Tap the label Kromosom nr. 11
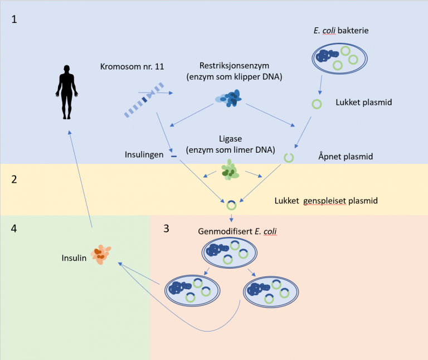pyautogui.click(x=132, y=67)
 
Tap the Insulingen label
pyautogui.click(x=143, y=155)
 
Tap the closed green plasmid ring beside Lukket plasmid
pyautogui.click(x=317, y=104)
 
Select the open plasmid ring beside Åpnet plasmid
pyautogui.click(x=289, y=158)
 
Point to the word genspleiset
pyautogui.click(x=324, y=201)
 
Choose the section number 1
pyautogui.click(x=15, y=20)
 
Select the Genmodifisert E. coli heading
pyautogui.click(x=237, y=231)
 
